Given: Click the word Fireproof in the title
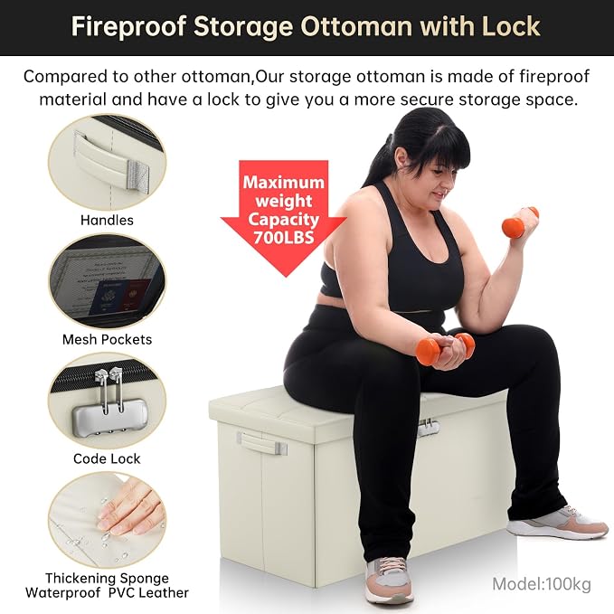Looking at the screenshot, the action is pyautogui.click(x=128, y=26).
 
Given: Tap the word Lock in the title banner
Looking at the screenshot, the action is pyautogui.click(x=511, y=26).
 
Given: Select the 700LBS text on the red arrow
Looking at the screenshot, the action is pyautogui.click(x=284, y=237).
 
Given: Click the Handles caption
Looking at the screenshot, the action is pyautogui.click(x=107, y=220).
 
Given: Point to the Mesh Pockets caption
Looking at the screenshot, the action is pyautogui.click(x=107, y=339).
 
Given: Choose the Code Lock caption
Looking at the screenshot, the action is pyautogui.click(x=107, y=458).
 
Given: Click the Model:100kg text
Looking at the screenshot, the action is pyautogui.click(x=542, y=584).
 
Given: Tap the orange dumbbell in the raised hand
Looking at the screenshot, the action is pyautogui.click(x=520, y=222).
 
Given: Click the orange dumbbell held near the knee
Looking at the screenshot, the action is pyautogui.click(x=444, y=348).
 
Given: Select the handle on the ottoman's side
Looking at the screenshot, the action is pyautogui.click(x=261, y=444).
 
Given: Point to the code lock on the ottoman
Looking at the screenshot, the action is pyautogui.click(x=429, y=427).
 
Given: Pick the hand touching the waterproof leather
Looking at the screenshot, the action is pyautogui.click(x=129, y=509).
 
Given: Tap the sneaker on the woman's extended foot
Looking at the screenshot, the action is pyautogui.click(x=557, y=524).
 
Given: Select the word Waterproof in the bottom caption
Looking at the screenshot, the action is pyautogui.click(x=63, y=593).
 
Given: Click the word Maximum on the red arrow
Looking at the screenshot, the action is pyautogui.click(x=284, y=183).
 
